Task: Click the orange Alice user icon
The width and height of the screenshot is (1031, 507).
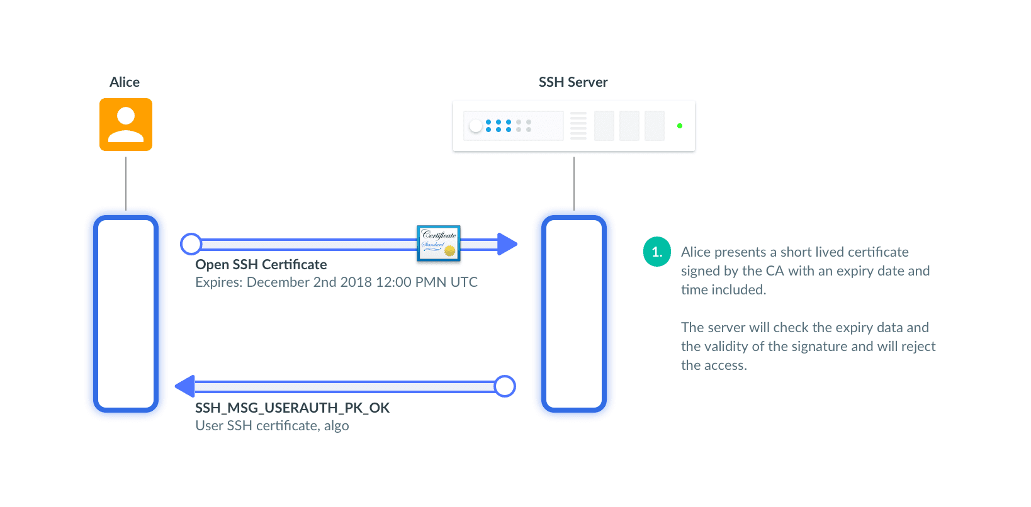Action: pos(126,125)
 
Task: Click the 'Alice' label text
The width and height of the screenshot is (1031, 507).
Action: pos(125,82)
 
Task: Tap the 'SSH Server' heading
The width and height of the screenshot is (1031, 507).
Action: pos(573,82)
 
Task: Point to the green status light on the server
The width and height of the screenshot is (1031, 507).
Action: pos(680,126)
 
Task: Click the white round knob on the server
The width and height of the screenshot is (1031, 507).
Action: pos(476,126)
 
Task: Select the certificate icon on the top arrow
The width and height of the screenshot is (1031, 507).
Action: pos(439,243)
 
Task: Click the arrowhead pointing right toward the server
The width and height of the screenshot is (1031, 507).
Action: pos(507,244)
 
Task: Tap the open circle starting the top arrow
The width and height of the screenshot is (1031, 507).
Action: pos(191,244)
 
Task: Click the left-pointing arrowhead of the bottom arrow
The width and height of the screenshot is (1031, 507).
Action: pos(185,386)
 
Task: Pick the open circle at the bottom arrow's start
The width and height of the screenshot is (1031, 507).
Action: pos(505,386)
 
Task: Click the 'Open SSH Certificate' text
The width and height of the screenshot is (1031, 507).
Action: pos(261,265)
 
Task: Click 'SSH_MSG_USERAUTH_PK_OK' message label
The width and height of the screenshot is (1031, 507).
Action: pos(293,408)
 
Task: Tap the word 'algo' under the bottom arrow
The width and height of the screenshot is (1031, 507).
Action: pos(336,426)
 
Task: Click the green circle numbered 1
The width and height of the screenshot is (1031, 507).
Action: pos(656,252)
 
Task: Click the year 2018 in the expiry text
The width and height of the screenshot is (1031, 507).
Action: pos(356,282)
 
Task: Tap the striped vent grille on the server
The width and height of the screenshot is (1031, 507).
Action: pos(578,126)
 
